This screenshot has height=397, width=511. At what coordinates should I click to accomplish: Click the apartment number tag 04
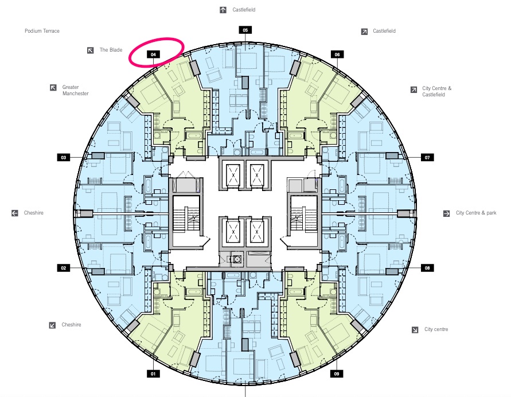coord(153,55)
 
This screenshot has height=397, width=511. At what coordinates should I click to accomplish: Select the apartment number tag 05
coord(245,30)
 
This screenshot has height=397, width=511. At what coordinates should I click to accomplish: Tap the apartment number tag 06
coord(337,55)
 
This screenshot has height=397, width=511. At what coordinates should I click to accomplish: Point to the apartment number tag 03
coord(63,157)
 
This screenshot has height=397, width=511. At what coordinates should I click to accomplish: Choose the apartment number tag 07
coord(427,157)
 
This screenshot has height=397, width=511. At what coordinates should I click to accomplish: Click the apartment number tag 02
coord(63,268)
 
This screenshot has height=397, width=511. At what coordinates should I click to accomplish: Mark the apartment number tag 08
coord(427,268)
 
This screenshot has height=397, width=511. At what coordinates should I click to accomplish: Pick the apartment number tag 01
coord(153,373)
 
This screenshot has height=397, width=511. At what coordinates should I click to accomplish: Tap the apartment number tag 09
coord(337,373)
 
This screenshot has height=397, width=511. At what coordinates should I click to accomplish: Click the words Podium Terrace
coord(42,31)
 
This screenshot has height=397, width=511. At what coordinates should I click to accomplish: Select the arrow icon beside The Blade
coord(90,50)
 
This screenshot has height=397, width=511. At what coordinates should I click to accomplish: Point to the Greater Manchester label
coord(75,90)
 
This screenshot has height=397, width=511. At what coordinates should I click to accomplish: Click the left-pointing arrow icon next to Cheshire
coord(15,213)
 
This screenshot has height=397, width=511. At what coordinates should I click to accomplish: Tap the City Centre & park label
coord(476,213)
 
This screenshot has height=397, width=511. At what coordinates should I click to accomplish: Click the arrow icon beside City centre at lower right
coord(415,330)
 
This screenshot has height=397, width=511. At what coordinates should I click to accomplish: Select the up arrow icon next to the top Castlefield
coord(223,10)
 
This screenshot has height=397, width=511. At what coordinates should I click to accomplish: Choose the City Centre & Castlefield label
coord(436,91)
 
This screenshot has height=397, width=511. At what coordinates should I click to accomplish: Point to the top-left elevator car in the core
coord(233,176)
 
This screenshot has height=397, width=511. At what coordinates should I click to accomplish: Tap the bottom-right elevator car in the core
coord(257,232)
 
